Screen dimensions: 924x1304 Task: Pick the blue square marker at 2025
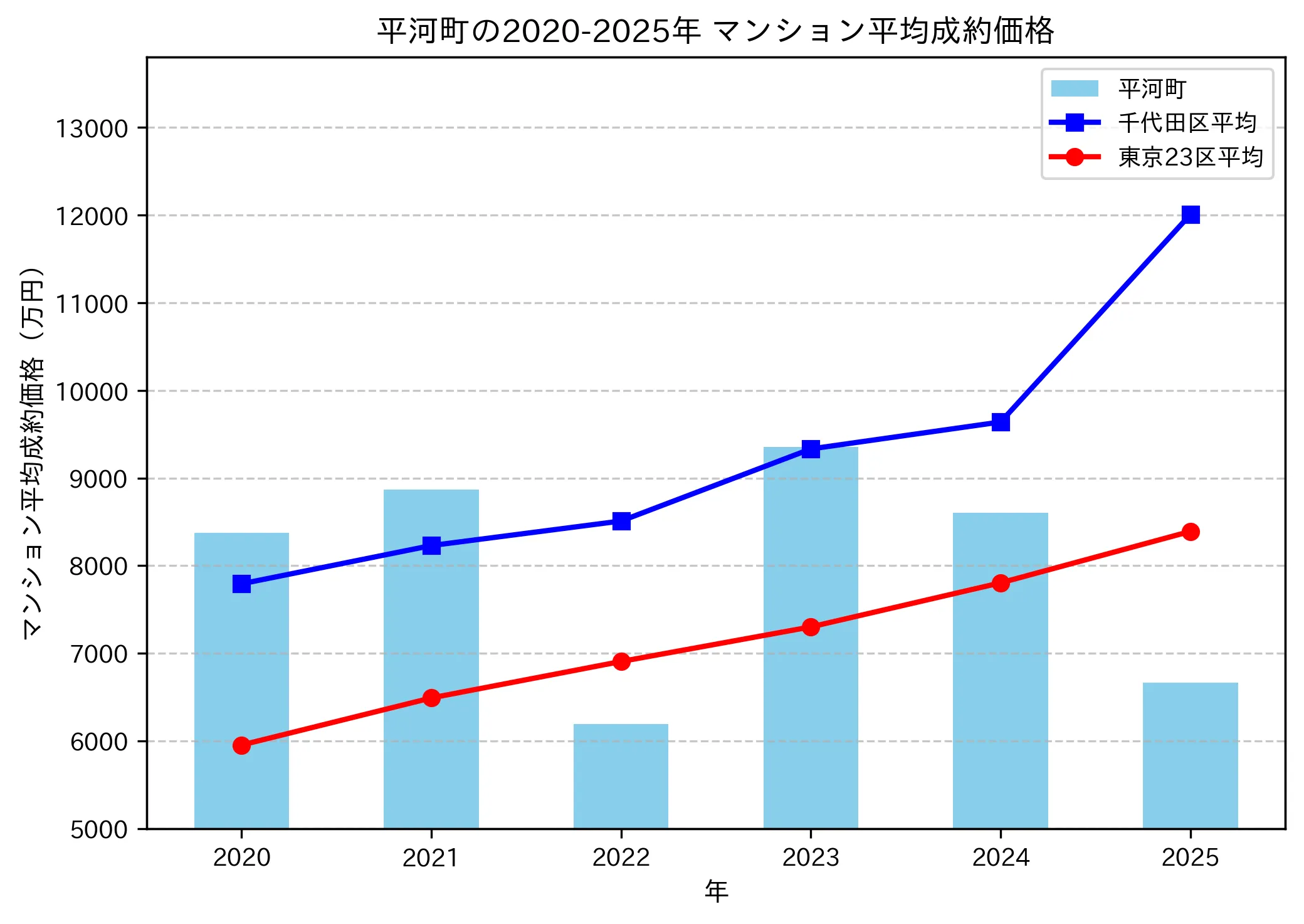click(x=1191, y=214)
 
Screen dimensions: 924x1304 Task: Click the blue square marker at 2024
click(x=1001, y=422)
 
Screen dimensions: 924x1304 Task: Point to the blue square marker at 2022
click(x=621, y=521)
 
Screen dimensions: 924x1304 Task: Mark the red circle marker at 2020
click(x=241, y=745)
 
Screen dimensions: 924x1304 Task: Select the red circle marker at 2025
click(x=1191, y=532)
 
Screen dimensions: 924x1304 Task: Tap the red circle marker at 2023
click(x=811, y=627)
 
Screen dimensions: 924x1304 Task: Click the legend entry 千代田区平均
click(x=1187, y=123)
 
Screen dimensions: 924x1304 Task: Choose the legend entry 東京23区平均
click(x=1190, y=157)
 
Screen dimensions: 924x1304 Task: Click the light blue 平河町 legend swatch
click(x=1075, y=88)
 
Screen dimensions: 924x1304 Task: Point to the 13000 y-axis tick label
click(x=92, y=129)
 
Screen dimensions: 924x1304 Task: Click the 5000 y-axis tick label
click(x=98, y=829)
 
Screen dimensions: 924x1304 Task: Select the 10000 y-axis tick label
click(x=92, y=392)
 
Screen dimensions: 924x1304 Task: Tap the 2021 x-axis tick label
click(x=431, y=858)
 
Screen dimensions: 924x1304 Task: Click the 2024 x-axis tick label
click(x=1001, y=858)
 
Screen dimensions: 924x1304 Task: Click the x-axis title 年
click(x=716, y=891)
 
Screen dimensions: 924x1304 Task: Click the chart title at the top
click(x=715, y=30)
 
